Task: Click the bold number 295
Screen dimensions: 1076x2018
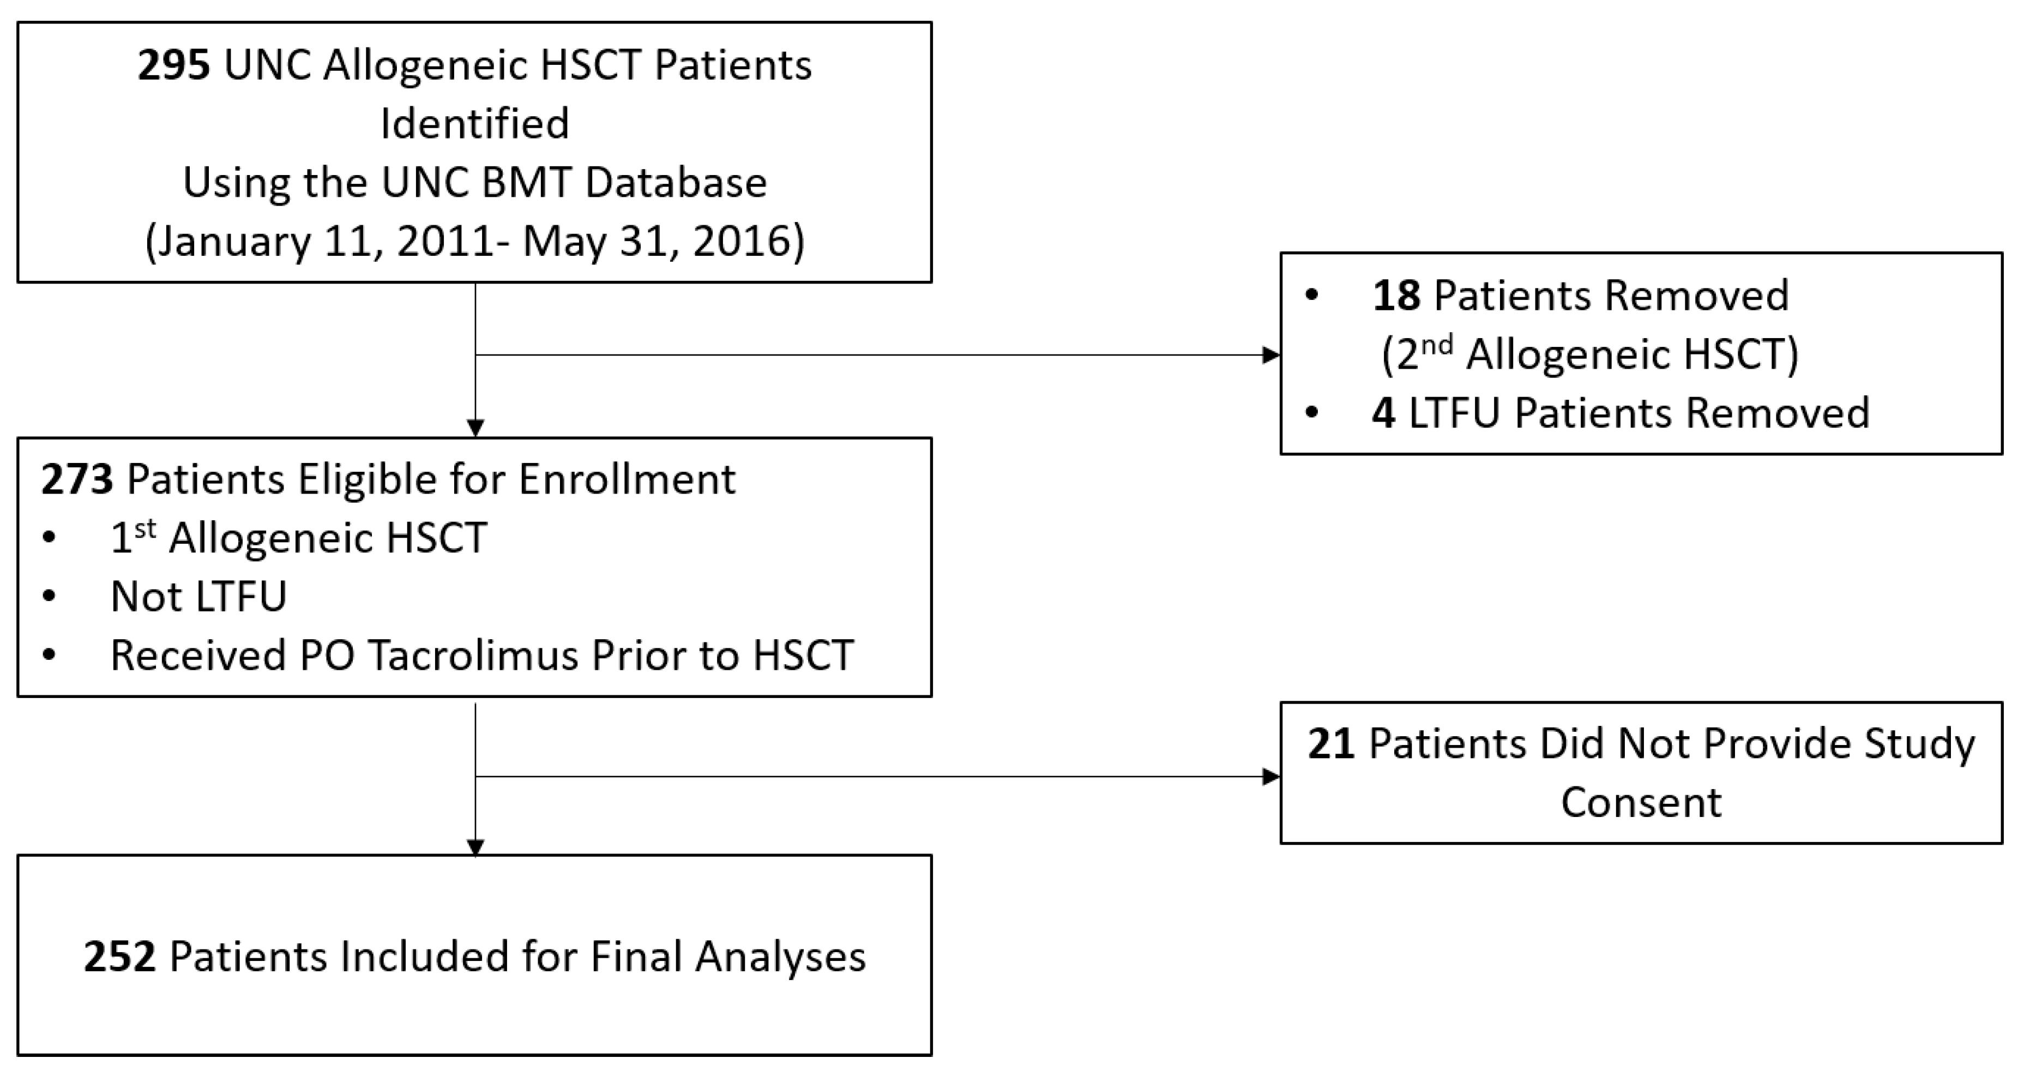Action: [174, 65]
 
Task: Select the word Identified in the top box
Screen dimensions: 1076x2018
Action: [475, 124]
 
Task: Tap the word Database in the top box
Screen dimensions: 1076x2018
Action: [676, 183]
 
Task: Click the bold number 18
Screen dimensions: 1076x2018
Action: [1396, 296]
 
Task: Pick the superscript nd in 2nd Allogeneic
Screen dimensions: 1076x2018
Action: [1436, 345]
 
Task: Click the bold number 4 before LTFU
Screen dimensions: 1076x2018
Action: [1383, 413]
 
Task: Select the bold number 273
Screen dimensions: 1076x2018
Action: [77, 479]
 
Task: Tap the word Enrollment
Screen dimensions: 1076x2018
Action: [627, 479]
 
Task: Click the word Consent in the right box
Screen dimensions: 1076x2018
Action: [1641, 802]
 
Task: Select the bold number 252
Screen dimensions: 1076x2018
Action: [120, 957]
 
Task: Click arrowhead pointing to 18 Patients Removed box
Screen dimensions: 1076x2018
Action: [1270, 355]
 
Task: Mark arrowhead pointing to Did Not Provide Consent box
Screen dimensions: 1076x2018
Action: [1270, 777]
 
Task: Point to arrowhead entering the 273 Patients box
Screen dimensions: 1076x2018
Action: [475, 428]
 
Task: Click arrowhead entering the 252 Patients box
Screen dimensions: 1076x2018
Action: [475, 847]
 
